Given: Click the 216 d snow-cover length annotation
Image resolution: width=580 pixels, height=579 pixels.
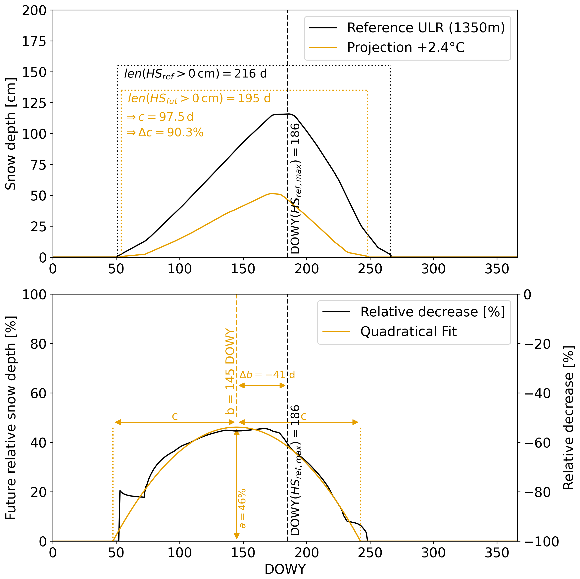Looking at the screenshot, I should click(x=195, y=74).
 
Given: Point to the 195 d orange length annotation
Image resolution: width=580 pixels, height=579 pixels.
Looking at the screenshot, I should click(x=199, y=98).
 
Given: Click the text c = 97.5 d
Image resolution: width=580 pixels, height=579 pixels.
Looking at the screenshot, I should click(x=160, y=117).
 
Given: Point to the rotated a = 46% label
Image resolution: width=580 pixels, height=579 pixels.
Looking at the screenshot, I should click(x=242, y=508).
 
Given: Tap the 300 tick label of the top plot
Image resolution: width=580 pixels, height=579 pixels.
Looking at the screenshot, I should click(x=433, y=269).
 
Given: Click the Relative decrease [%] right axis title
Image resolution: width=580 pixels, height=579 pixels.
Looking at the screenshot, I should click(x=568, y=417).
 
